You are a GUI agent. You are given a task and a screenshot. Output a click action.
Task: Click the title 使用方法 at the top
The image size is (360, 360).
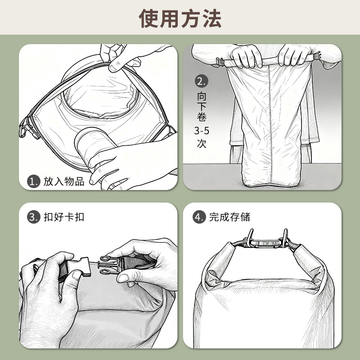point(180,18)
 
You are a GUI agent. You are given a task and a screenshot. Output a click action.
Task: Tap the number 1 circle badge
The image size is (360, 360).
point(33,181)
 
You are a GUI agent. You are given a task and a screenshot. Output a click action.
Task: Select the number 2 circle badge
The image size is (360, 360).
point(201,81)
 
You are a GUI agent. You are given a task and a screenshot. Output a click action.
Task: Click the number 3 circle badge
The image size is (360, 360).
point(33,217)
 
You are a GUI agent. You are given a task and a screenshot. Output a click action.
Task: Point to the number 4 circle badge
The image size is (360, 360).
point(199,217)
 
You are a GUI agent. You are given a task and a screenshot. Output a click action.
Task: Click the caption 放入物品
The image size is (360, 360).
point(64,181)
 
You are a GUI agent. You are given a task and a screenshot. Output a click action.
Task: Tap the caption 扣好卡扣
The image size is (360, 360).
point(64,217)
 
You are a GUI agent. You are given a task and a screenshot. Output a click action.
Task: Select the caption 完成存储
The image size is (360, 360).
point(229,217)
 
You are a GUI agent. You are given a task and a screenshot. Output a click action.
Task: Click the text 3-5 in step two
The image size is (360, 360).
point(202,130)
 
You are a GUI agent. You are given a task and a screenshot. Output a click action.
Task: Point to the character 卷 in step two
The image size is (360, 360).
point(202,117)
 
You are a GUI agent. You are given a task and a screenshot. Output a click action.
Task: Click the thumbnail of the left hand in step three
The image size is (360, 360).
point(77,275)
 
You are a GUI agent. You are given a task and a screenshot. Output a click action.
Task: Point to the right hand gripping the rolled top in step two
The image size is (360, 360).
point(294,55)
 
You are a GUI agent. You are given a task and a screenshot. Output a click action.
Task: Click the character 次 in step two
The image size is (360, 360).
point(202,143)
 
